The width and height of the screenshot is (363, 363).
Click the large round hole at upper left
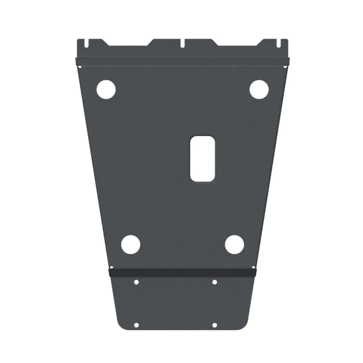106,89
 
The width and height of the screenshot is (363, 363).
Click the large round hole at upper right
259,89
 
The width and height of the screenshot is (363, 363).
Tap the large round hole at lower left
130,245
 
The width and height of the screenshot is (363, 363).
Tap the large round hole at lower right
234,245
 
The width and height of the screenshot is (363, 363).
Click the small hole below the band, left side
136,282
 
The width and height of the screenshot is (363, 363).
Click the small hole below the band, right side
214,282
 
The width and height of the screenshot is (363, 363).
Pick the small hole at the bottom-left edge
136,325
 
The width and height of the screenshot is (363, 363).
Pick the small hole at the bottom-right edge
214,325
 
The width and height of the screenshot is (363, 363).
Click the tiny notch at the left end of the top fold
77,60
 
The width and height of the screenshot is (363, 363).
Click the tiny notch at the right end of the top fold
287,60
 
